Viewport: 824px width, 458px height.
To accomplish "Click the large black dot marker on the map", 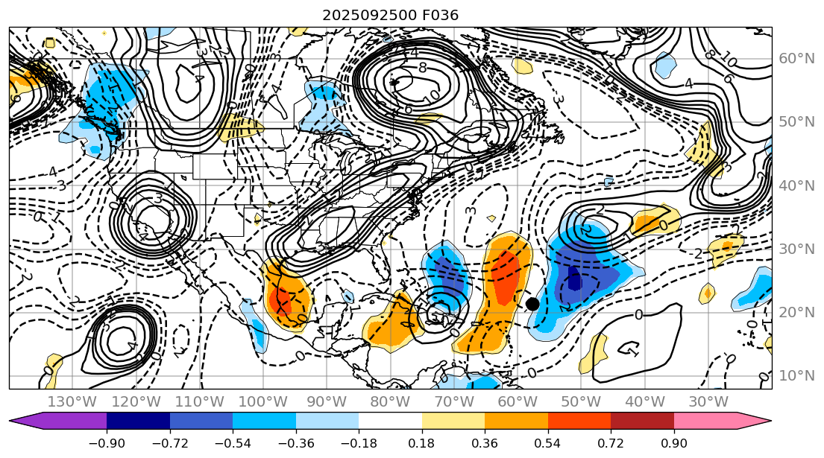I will (x=532, y=303).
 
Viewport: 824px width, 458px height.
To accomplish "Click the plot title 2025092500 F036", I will (x=390, y=15).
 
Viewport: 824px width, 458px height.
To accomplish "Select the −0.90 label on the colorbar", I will (x=107, y=443).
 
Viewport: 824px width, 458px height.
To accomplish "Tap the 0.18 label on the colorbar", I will (x=422, y=443).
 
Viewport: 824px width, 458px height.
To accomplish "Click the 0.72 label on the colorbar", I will (x=611, y=443).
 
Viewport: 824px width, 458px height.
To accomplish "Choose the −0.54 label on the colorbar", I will (x=233, y=443).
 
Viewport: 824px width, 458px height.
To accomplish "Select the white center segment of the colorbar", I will (x=390, y=421).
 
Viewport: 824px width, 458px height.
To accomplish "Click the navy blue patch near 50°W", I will (x=573, y=279).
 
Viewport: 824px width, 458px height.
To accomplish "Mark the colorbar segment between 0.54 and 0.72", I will (x=579, y=421).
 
